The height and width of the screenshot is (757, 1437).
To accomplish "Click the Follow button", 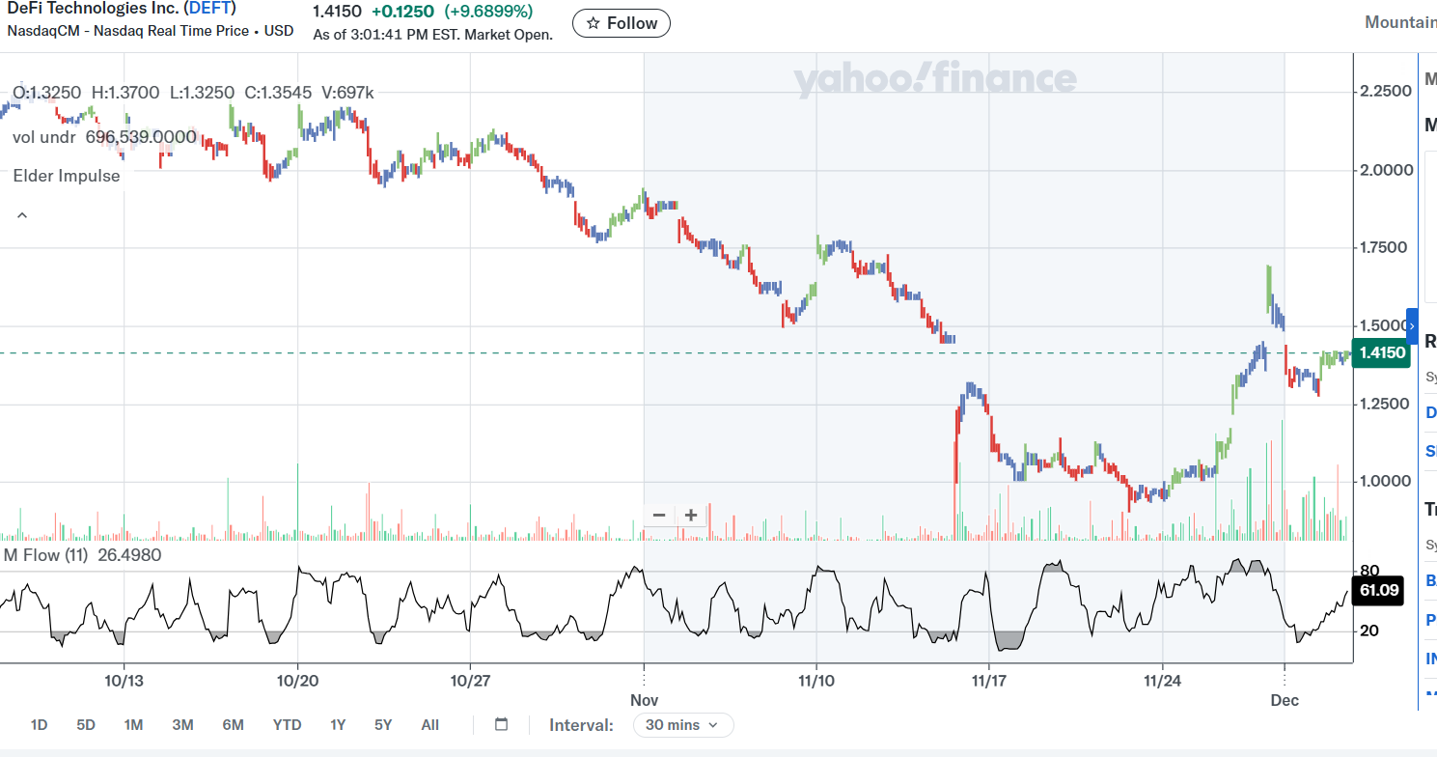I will click(x=621, y=23).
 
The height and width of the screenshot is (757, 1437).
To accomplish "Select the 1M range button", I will click(x=133, y=725).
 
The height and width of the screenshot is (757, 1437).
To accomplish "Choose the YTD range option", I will click(x=287, y=725).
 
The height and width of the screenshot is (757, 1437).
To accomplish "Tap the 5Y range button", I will click(x=383, y=725).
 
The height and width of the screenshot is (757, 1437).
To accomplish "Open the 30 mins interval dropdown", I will click(x=683, y=725).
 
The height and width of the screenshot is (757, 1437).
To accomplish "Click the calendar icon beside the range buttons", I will click(x=501, y=725).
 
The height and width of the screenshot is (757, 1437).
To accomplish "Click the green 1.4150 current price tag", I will click(x=1381, y=353).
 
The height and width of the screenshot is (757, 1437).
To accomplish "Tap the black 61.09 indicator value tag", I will click(x=1378, y=590).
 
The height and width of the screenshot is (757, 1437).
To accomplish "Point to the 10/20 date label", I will click(x=297, y=681).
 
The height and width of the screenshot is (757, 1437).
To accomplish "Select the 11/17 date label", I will click(x=988, y=681).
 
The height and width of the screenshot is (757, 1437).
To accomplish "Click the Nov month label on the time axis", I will click(x=644, y=700).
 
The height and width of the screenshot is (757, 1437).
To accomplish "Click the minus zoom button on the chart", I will click(x=659, y=516).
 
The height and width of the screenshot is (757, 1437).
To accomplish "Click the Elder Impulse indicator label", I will click(x=67, y=176).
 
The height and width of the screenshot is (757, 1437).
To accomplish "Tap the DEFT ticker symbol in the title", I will click(x=211, y=9).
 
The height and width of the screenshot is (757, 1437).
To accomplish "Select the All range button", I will click(x=430, y=725).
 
